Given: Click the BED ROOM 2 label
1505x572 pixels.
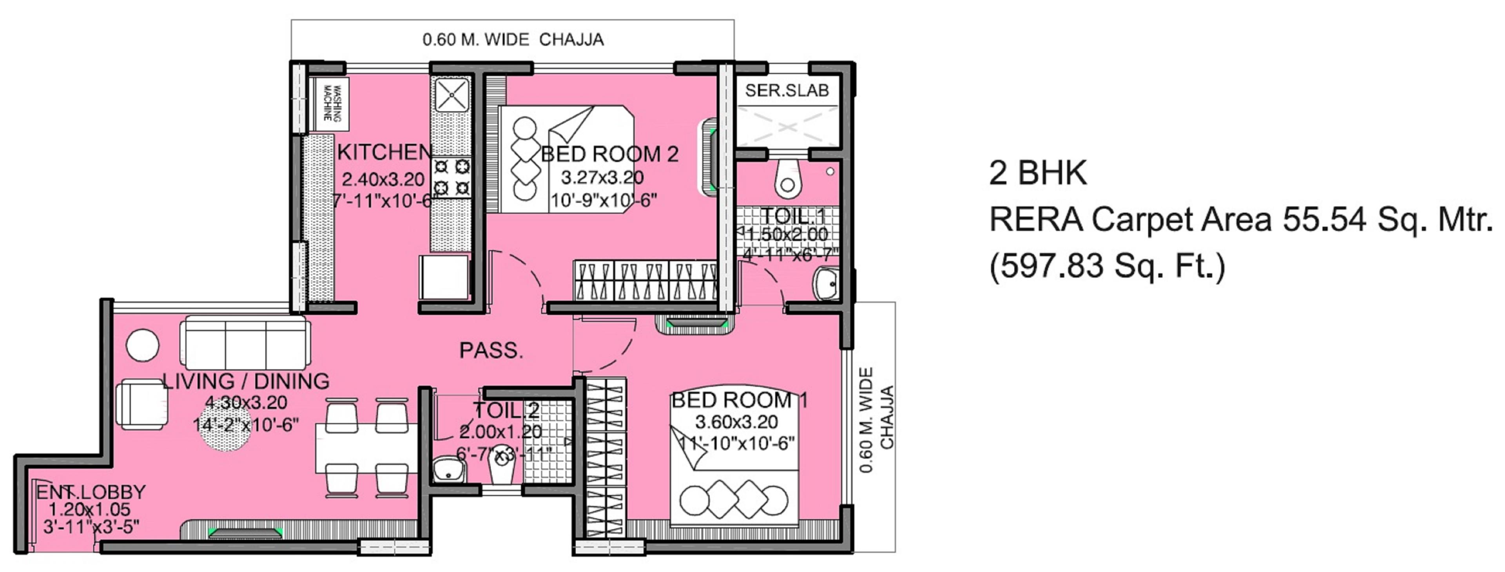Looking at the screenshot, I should [609, 154].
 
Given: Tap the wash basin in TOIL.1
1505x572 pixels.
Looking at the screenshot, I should [826, 284].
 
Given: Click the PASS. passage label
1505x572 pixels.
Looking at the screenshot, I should [491, 351].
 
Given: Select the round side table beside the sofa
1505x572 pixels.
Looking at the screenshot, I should [143, 346].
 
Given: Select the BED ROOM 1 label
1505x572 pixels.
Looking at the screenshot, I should [739, 401].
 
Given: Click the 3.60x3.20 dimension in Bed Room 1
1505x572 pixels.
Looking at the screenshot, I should [736, 422].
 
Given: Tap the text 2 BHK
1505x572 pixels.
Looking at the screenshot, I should [1037, 173].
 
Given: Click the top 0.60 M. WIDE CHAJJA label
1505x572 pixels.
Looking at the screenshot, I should [512, 40].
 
